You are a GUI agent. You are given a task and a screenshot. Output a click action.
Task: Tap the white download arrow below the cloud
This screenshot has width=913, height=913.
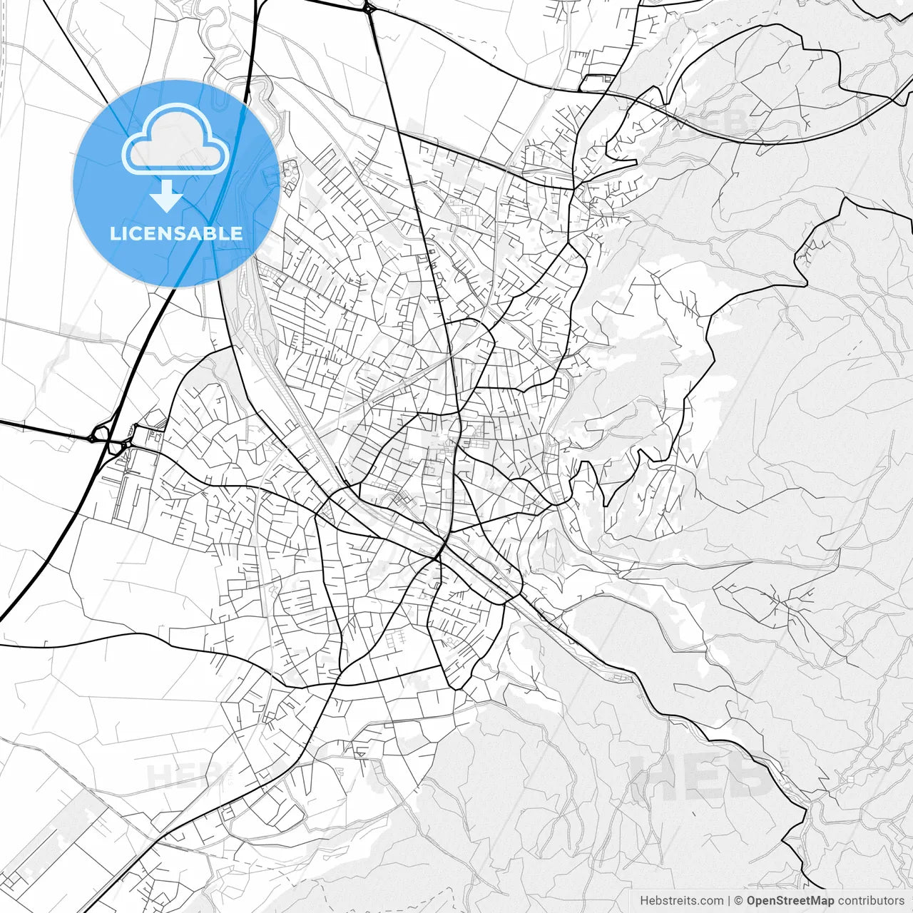coord(167,196)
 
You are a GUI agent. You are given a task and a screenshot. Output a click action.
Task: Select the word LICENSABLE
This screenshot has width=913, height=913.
coord(175,233)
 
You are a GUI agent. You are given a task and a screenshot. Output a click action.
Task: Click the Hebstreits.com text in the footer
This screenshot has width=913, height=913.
coord(681,901)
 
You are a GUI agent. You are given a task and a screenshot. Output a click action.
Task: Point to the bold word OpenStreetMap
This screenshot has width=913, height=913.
coord(790,901)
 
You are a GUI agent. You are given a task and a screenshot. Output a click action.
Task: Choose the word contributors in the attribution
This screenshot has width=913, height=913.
coord(871,901)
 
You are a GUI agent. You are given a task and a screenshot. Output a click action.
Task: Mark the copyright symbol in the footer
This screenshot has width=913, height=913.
coord(739,901)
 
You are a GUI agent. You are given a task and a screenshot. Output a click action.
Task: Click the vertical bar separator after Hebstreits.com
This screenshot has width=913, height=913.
coord(729,901)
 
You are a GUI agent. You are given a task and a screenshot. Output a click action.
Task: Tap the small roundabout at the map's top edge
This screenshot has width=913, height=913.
coord(368,9)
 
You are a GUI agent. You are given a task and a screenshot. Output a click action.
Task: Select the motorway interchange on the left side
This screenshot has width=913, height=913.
coord(107,437)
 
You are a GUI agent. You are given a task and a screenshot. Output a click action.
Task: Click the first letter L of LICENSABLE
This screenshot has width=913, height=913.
coord(114,233)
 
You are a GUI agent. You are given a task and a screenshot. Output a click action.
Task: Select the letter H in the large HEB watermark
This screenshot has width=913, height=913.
coord(653,774)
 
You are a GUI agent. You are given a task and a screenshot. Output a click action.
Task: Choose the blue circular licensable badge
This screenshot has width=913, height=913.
coord(175,183)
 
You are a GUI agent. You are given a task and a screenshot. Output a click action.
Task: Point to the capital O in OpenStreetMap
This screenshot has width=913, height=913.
coord(752,901)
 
